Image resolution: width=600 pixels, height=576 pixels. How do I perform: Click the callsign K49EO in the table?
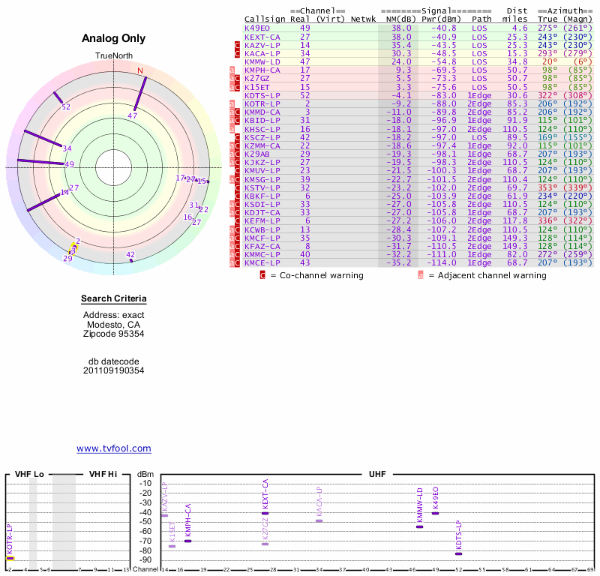point(259,28)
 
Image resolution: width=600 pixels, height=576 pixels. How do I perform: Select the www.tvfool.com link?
point(114,448)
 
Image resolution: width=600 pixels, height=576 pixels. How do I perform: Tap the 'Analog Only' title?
point(113,39)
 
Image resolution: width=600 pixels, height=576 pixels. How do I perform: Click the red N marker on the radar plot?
point(139,71)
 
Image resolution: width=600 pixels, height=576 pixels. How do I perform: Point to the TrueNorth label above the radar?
point(113,56)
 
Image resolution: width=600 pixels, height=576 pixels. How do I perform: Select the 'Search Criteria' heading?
point(113,299)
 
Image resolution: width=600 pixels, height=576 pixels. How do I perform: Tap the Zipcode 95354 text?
point(113,333)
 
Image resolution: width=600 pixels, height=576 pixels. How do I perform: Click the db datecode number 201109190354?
point(113,370)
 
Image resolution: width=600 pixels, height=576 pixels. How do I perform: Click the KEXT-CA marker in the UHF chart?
point(265,513)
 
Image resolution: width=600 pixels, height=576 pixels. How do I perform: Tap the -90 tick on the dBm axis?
point(145,559)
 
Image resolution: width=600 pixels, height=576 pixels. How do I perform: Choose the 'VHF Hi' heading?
point(103,475)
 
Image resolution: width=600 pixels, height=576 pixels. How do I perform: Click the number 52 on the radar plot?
point(66,107)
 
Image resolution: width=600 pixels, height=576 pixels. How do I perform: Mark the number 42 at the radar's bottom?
point(130,255)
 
